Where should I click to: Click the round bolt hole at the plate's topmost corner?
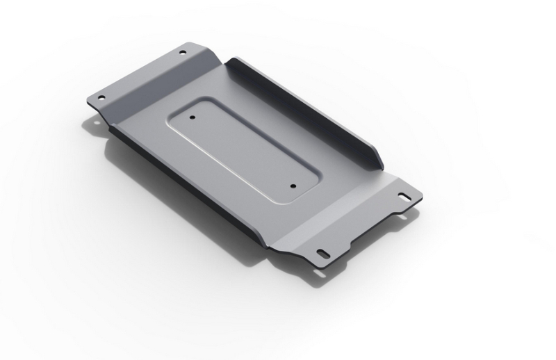point(183,52)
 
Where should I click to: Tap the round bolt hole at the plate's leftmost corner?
point(101,98)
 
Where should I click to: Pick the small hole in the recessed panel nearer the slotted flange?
point(293,186)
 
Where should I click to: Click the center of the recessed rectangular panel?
point(243,151)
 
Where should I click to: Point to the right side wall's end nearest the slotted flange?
point(379,161)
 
